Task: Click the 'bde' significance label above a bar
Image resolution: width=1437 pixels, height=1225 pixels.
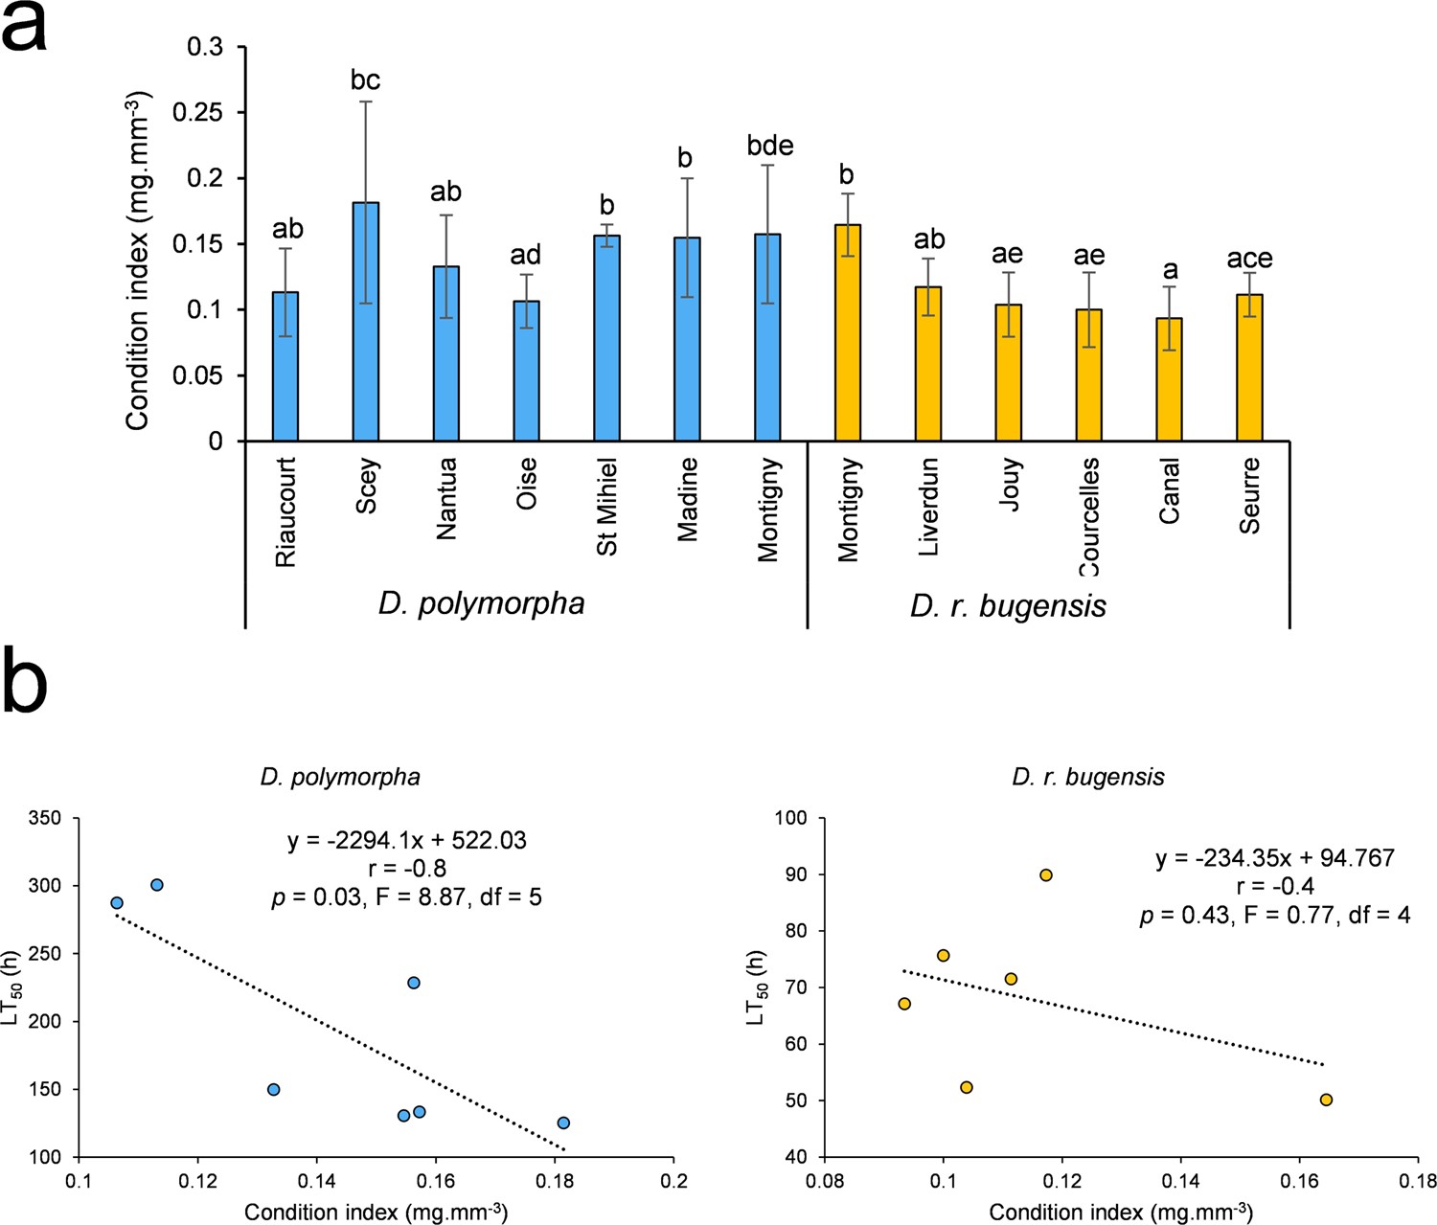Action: tap(770, 146)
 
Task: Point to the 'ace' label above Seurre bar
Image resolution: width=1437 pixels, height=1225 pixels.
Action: tap(1249, 259)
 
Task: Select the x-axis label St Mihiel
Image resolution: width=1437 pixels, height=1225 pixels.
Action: tap(607, 506)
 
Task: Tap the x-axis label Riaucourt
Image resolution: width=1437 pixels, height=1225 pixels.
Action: tap(285, 511)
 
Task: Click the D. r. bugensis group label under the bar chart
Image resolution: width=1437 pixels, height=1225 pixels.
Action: tap(1008, 606)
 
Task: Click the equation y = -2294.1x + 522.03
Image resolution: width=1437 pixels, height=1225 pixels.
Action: tap(406, 841)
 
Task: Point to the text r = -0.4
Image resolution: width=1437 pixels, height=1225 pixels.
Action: tap(1275, 887)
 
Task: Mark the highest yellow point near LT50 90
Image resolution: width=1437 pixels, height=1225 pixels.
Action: tap(1046, 875)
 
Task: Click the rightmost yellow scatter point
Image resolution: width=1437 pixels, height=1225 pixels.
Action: tap(1326, 1100)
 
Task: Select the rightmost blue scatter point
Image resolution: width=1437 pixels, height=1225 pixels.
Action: tap(563, 1123)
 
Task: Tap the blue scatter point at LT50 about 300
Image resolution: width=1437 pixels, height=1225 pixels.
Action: tap(157, 885)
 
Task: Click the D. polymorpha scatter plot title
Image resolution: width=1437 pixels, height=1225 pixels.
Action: tap(340, 777)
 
